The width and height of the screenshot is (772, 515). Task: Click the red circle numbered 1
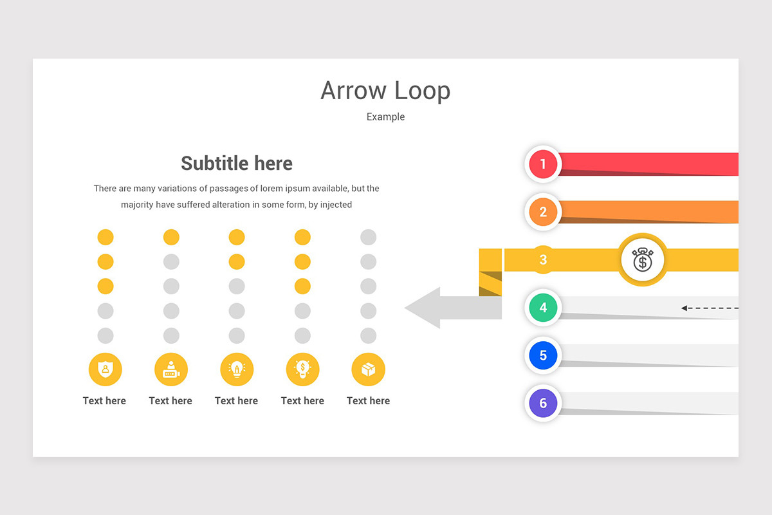543,164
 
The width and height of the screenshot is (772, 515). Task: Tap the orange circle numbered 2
543,212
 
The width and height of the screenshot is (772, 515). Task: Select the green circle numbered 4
543,308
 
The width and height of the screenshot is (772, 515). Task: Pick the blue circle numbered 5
543,355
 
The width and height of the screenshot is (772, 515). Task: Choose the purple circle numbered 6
543,403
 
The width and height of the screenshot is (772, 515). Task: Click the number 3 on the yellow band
543,260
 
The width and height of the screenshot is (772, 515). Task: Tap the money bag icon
643,260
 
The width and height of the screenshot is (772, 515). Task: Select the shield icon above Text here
105,370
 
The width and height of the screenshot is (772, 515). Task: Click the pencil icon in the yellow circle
237,370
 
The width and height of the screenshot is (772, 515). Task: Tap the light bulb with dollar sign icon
302,370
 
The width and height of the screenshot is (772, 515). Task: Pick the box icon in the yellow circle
368,370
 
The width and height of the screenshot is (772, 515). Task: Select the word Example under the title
385,117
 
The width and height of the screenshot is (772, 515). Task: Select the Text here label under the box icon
368,400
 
